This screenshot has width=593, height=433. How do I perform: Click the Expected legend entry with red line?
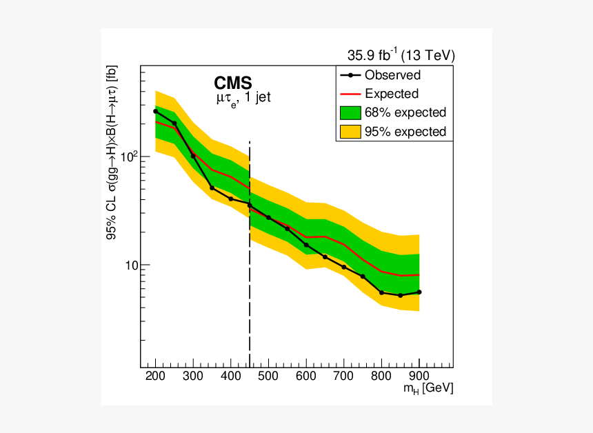[392, 94]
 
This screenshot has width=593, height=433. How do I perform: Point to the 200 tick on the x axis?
[156, 376]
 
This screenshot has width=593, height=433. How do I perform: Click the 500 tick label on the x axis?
[269, 376]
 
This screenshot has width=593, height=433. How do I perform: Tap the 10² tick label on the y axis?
[128, 157]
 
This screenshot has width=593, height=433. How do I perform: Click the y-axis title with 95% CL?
[111, 158]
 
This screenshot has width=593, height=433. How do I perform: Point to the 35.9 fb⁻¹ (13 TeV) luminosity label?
[401, 56]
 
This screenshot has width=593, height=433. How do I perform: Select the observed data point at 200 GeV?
[156, 111]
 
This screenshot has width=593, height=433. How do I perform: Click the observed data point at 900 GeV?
[419, 292]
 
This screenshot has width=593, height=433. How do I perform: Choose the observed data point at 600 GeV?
[306, 245]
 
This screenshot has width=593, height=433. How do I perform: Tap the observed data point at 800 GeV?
[381, 292]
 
